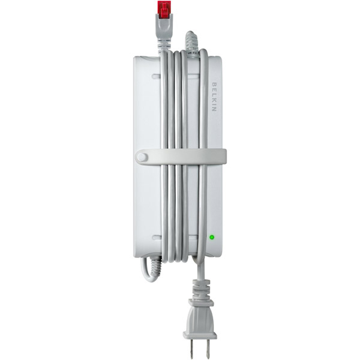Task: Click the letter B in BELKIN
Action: point(214,84)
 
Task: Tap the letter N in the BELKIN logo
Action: point(214,109)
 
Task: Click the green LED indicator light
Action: point(212,237)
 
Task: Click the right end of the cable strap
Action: point(225,156)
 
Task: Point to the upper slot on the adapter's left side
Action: point(157,76)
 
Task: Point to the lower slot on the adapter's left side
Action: point(157,238)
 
